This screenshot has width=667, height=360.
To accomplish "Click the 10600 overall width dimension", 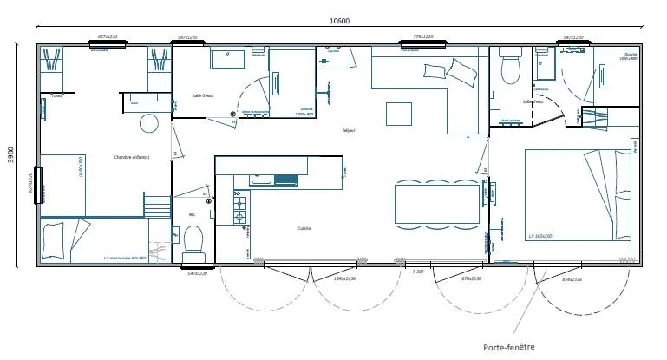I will (340, 22).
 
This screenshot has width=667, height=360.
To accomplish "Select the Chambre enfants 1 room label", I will (132, 157).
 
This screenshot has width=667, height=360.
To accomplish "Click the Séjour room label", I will (350, 130).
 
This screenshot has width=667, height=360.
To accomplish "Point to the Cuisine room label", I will (304, 228).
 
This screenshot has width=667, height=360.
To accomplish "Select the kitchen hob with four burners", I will (239, 208).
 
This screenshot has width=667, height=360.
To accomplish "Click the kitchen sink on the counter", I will (263, 180).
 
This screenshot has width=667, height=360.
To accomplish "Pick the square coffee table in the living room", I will (399, 113).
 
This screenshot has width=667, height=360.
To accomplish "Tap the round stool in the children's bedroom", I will (149, 122).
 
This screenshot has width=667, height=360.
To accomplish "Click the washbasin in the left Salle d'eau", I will (228, 60).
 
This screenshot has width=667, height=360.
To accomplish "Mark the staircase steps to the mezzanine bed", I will (158, 206).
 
